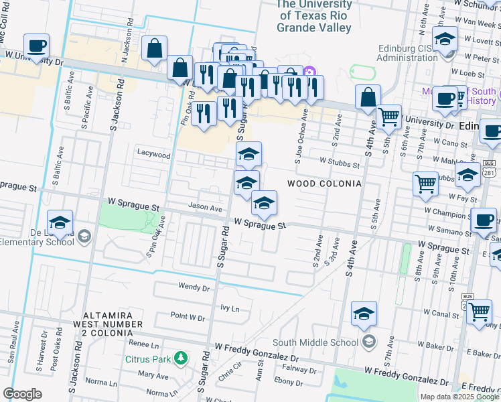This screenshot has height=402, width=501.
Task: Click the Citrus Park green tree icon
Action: point(180,358)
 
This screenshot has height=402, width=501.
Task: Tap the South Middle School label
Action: point(316,342)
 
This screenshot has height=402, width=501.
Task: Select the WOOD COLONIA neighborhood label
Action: point(324,184)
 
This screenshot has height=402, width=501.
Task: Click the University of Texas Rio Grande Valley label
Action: point(315,16)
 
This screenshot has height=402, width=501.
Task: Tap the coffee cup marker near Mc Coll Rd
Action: point(37,46)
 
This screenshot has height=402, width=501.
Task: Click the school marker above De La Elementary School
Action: point(60,222)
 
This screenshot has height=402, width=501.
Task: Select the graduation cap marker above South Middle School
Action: point(364,314)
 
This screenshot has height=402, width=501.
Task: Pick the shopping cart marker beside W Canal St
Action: point(478,311)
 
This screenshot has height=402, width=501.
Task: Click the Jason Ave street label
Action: point(205,208)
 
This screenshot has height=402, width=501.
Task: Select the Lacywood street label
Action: point(153,154)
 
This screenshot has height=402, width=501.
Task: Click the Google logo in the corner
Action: point(22,394)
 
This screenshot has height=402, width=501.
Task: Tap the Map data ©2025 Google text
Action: point(459,397)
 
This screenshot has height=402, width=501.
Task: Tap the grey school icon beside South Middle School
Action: point(368,342)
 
